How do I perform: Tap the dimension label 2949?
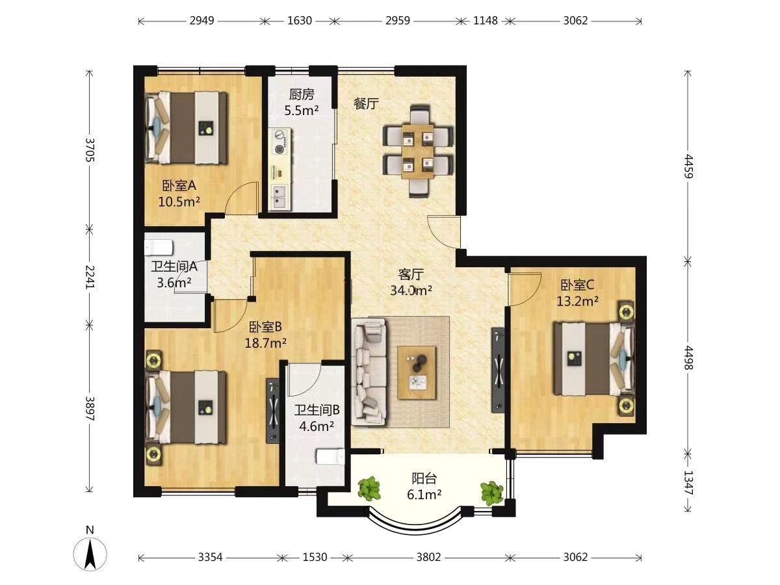tap(202, 21)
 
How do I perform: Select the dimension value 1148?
tap(485, 21)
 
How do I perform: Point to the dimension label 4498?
tap(688, 357)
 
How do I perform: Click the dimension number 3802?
tap(428, 557)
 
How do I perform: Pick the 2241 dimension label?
tap(90, 277)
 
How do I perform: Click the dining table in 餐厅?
tap(418, 151)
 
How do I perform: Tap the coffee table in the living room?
tap(417, 373)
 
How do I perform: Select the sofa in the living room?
tap(369, 371)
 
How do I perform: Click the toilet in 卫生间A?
tap(159, 247)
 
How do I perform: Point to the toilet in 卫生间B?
tap(330, 457)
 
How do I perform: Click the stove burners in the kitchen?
tap(281, 142)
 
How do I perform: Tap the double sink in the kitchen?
tap(281, 197)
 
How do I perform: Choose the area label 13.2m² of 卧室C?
tap(577, 302)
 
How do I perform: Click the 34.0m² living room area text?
tap(411, 291)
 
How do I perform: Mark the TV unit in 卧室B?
tap(273, 411)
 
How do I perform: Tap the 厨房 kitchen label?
tap(302, 95)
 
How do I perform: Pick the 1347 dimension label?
tap(688, 483)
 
